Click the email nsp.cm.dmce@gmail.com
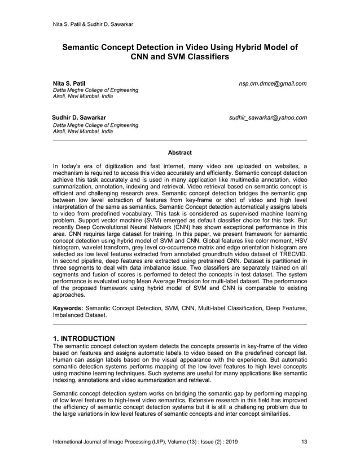pos(273,83)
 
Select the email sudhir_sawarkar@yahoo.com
pos(267,118)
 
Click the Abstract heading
pos(180,152)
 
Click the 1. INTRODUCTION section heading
pos(84,338)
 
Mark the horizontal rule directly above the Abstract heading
pos(180,140)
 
